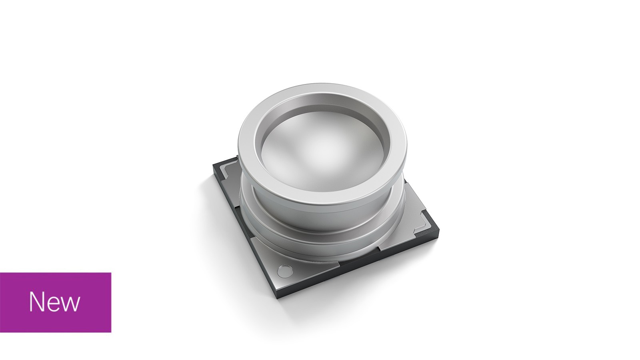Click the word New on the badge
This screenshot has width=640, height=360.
coord(54,302)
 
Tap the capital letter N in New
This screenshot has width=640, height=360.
coord(36,302)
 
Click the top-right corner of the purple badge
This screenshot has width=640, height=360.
coord(111,273)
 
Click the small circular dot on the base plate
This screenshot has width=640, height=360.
coord(285,270)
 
